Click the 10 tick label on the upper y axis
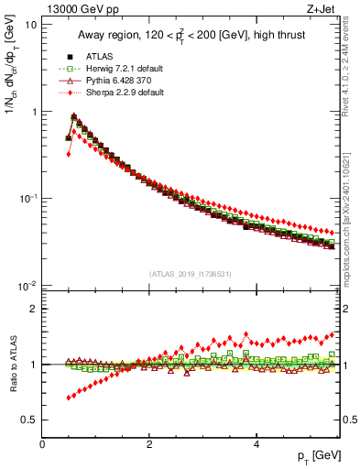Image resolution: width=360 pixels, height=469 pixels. (x=30, y=25)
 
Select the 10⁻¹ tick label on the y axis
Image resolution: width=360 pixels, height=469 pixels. (x=27, y=199)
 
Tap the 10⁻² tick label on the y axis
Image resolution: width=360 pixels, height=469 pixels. (x=27, y=286)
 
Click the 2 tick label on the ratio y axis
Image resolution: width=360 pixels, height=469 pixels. (x=33, y=309)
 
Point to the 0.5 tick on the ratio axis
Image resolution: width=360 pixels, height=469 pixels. (x=29, y=420)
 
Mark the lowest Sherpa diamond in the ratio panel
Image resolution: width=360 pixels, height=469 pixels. (x=69, y=398)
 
